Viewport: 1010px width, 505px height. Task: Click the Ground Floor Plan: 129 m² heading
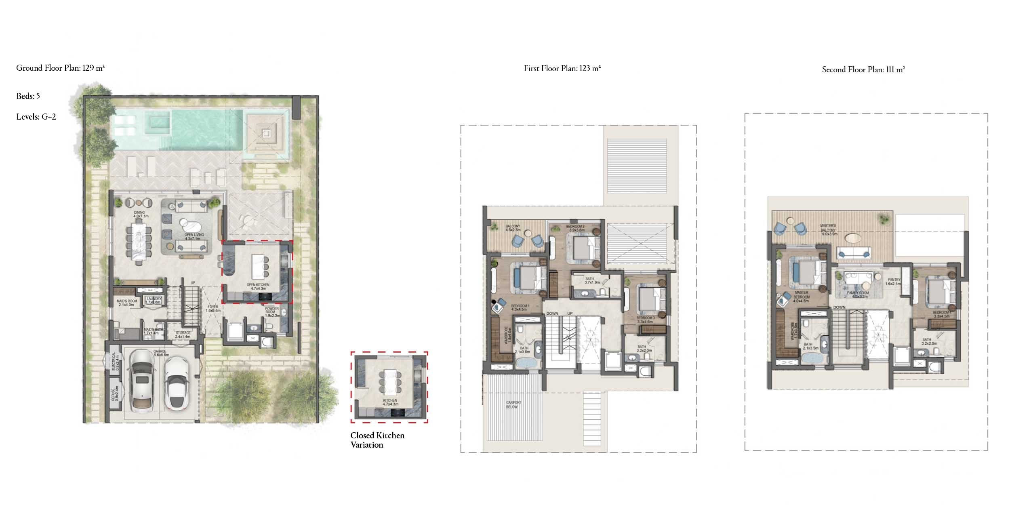[61, 68]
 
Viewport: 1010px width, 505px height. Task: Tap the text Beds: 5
[28, 96]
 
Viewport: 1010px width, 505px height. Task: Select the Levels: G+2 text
[36, 117]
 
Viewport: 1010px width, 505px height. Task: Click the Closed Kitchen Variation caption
[377, 440]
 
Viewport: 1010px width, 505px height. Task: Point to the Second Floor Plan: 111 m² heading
[863, 69]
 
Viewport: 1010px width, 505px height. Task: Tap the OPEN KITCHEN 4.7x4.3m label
[258, 286]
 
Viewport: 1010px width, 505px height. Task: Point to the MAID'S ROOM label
[127, 303]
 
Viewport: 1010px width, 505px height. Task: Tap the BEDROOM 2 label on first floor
[575, 228]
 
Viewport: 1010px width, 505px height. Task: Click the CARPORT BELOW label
[513, 404]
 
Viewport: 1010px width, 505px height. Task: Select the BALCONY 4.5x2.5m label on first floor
[513, 228]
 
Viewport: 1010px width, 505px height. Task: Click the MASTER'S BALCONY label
[828, 229]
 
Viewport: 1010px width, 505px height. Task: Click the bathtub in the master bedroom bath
[810, 359]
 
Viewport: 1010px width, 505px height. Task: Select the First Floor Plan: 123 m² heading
[562, 68]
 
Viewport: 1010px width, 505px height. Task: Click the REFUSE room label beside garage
[115, 393]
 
